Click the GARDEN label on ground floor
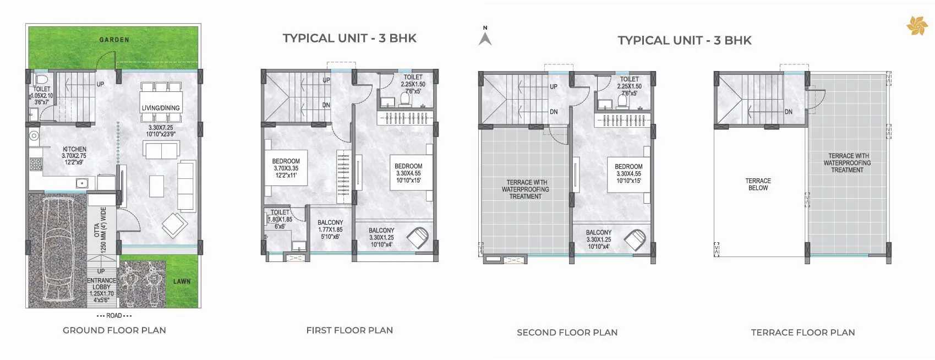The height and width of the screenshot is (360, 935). [x=114, y=40]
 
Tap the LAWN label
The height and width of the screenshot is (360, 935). [x=182, y=281]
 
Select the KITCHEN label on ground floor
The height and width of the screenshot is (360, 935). [x=74, y=149]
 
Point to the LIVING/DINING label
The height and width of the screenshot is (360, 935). [x=161, y=108]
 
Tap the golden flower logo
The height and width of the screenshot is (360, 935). [x=917, y=25]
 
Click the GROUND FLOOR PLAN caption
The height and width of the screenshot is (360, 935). [x=114, y=330]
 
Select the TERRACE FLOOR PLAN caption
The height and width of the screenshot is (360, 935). [x=802, y=332]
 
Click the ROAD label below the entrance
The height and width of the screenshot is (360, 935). [x=114, y=316]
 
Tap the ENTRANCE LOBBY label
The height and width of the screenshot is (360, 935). [x=102, y=283]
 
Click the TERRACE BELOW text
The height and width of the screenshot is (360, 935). [x=758, y=184]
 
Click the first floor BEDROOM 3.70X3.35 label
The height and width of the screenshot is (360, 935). [x=286, y=168]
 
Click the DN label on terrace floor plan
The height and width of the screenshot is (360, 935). [x=789, y=112]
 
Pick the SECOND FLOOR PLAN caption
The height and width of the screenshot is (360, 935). [x=567, y=332]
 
